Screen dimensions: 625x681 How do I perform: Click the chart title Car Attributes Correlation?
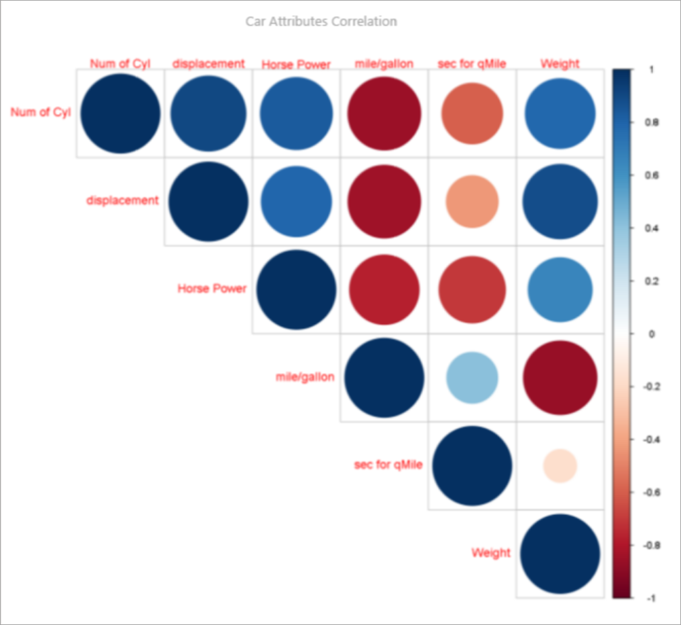[x=321, y=22]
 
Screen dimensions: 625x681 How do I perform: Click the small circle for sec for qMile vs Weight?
[x=560, y=466]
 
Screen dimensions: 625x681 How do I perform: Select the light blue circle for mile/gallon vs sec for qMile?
[x=472, y=378]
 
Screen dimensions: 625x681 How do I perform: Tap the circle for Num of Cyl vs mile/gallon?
[x=384, y=113]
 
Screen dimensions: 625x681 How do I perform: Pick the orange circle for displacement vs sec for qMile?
[x=472, y=201]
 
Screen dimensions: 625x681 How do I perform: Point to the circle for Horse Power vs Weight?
[x=560, y=289]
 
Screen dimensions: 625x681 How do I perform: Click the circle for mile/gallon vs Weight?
[x=560, y=378]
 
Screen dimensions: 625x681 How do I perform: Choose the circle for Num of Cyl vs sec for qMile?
[x=472, y=113]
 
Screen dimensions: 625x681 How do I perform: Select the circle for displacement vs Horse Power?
[x=296, y=201]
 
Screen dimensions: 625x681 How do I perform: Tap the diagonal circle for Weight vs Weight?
[x=560, y=554]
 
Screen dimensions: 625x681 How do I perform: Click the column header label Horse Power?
[x=296, y=65]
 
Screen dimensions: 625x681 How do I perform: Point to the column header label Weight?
[x=560, y=64]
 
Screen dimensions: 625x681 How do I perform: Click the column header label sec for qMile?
[x=472, y=64]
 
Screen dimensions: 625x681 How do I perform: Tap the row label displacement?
[x=123, y=200]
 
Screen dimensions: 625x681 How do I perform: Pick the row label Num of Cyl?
[x=40, y=112]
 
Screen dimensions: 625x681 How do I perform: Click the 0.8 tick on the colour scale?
[x=652, y=123]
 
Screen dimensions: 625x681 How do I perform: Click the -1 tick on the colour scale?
[x=652, y=598]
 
